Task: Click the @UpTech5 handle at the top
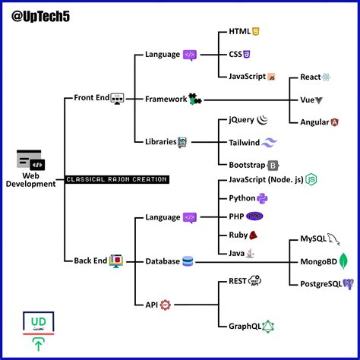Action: point(47,15)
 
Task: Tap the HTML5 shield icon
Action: point(257,33)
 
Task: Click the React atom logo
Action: point(327,77)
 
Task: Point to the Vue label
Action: point(307,99)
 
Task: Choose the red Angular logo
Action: point(334,122)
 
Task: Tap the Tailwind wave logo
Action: point(274,142)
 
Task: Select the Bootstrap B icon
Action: point(273,164)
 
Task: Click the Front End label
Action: point(91,98)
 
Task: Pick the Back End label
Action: point(90,261)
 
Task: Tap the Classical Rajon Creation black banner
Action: point(116,179)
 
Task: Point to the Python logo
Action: point(262,198)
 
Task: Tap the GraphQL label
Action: point(245,326)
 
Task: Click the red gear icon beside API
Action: point(165,305)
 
